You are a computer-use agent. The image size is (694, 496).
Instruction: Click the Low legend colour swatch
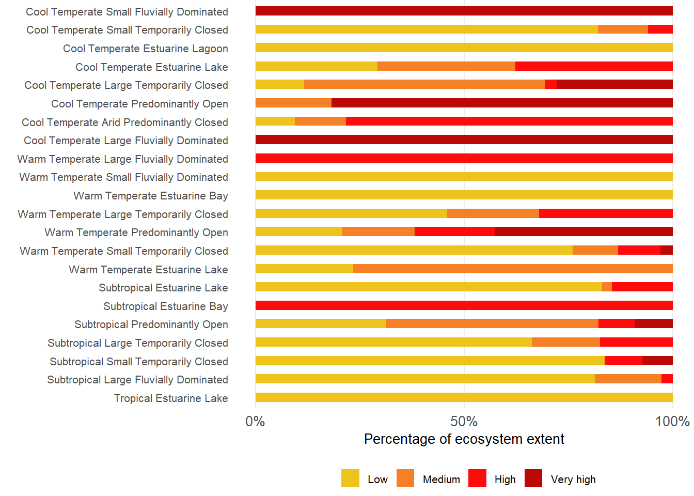pos(350,478)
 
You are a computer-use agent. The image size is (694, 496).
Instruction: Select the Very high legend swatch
pos(533,478)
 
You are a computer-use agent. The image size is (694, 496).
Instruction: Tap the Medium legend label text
pos(441,479)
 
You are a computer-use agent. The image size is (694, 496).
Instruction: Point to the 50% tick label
pos(464,422)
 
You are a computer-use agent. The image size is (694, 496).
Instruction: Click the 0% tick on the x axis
pos(255,422)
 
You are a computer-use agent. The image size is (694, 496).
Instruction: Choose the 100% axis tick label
pos(672,422)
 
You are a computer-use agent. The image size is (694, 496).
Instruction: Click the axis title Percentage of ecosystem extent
pos(464,439)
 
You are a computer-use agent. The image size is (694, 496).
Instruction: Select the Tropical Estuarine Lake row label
pos(171,398)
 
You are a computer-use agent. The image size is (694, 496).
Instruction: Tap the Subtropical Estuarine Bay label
pos(166,306)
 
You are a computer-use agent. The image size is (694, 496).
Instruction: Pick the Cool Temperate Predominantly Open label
pos(139,104)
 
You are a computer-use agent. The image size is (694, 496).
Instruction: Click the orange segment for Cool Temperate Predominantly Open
pos(293,103)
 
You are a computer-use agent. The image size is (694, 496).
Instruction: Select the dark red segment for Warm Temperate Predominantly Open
pos(583,231)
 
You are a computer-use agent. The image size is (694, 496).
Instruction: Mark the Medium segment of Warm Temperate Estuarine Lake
pos(513,269)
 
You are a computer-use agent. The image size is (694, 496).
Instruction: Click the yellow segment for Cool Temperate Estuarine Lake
pos(316,66)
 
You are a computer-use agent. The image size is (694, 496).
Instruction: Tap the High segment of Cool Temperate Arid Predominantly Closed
pos(509,121)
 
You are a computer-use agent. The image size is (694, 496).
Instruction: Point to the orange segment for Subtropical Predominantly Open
pos(492,323)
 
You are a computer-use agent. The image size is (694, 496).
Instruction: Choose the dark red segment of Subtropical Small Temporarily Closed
pos(657,361)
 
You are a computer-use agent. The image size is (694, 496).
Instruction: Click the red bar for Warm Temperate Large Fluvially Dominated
pos(464,158)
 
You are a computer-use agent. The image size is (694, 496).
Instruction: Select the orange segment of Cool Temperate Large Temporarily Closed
pos(424,84)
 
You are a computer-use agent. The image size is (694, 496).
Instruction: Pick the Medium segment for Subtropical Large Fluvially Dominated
pos(628,379)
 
